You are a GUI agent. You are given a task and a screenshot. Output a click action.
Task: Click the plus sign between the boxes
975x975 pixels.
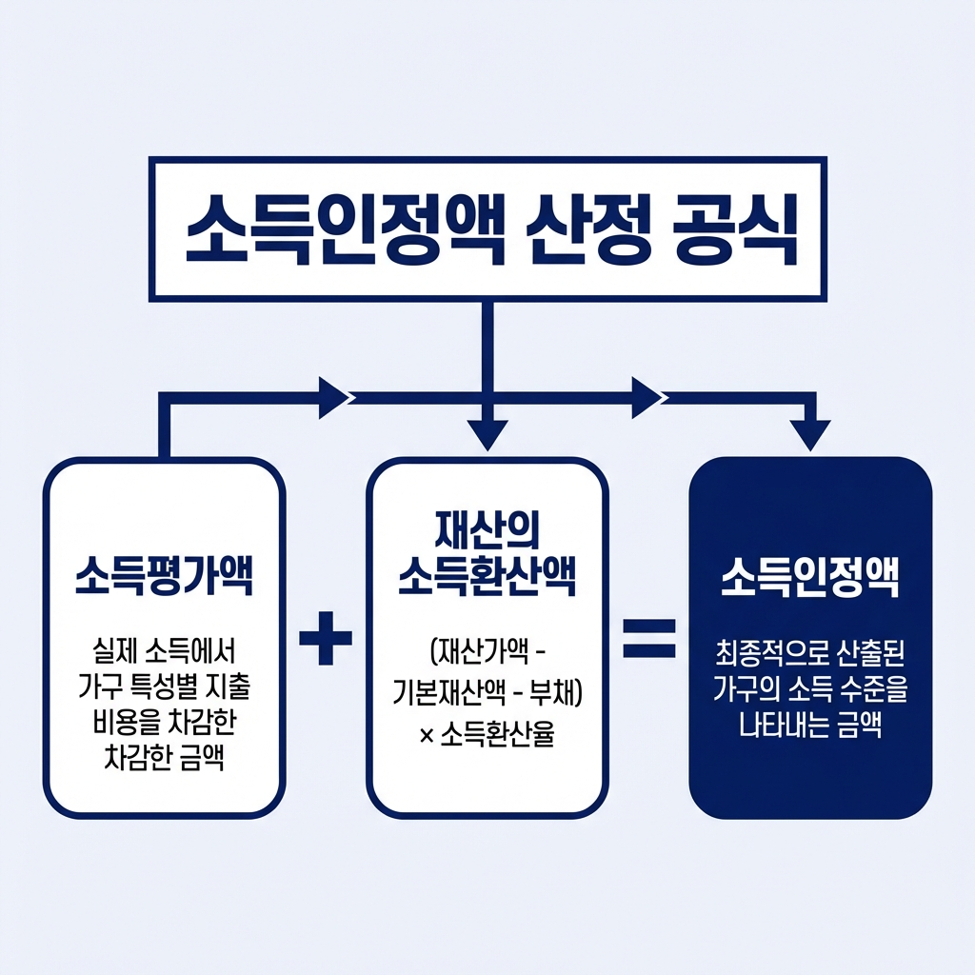pos(326,637)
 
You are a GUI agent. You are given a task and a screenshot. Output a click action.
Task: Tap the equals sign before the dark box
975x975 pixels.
pos(648,637)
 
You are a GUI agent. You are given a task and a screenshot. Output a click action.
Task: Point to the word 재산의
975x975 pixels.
pos(487,529)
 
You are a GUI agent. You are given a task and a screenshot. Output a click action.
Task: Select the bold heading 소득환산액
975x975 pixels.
pos(487,578)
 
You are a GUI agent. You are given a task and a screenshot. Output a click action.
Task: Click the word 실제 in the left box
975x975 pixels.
pos(111,654)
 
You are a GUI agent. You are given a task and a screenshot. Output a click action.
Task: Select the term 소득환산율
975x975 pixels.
pos(497,735)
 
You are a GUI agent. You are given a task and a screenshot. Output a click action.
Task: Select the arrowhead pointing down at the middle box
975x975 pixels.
pos(487,436)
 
